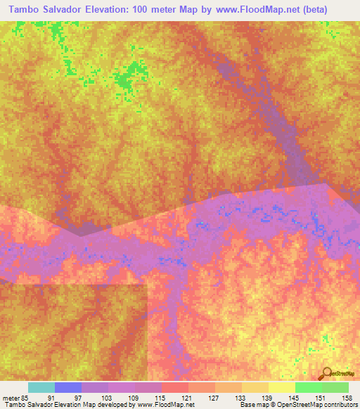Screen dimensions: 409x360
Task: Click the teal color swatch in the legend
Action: point(41,387)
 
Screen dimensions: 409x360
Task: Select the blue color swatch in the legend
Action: point(68,387)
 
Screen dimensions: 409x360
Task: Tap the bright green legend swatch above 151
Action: point(309,387)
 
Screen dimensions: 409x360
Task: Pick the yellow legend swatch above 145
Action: point(282,387)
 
